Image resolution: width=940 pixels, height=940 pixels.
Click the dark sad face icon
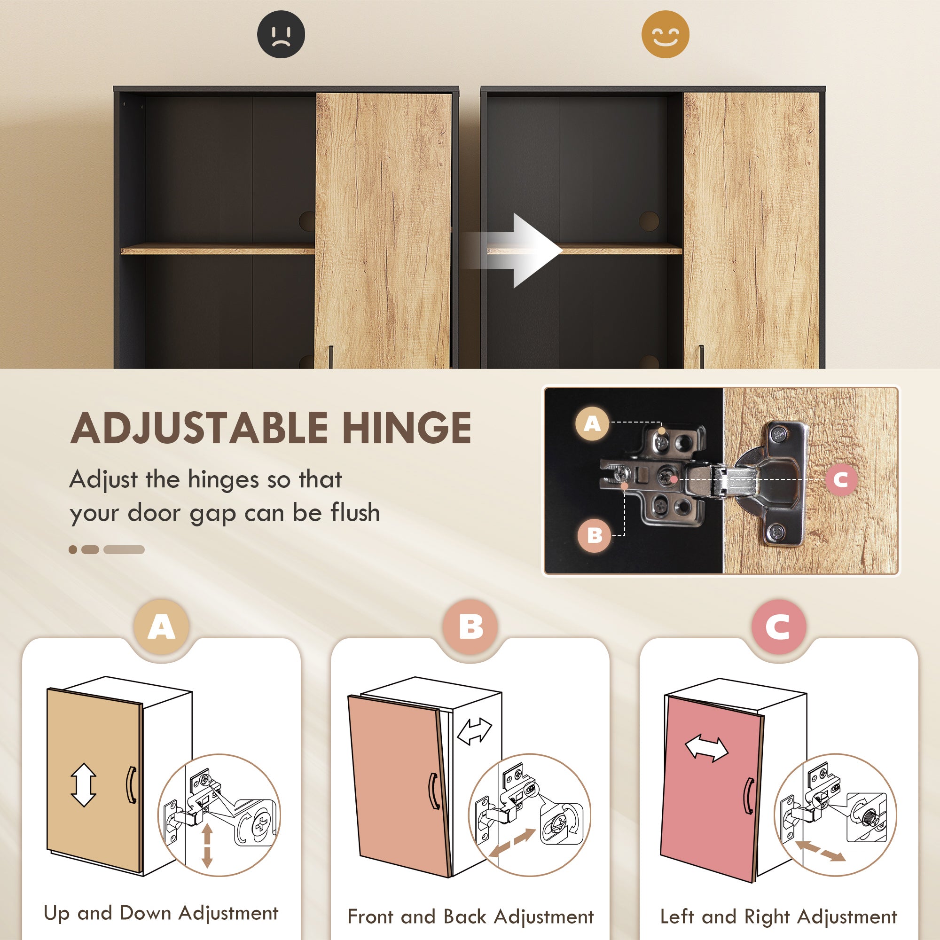tap(281, 34)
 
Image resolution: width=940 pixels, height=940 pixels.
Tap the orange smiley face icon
tap(665, 34)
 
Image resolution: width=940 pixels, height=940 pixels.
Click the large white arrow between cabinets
tap(525, 250)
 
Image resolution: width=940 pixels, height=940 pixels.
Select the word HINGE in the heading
tap(407, 428)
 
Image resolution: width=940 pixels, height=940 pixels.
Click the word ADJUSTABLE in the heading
tap(199, 428)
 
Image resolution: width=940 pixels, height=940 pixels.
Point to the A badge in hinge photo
tap(592, 424)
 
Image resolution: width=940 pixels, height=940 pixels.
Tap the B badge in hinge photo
tap(595, 535)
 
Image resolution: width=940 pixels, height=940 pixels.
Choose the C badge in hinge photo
tap(841, 480)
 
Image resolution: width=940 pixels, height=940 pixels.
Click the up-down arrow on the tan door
tap(84, 784)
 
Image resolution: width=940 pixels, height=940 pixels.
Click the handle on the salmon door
tap(433, 791)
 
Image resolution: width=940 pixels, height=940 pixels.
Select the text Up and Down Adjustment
tap(161, 913)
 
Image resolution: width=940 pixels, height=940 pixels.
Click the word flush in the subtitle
tap(355, 513)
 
